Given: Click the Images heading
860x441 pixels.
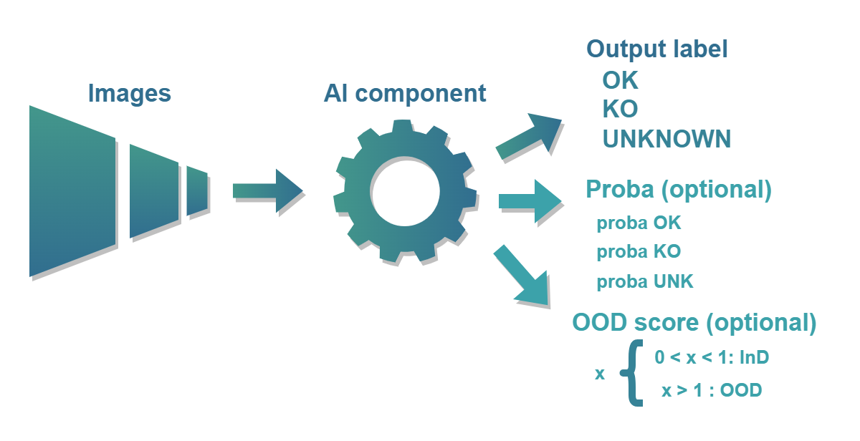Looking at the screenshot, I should pos(129,93).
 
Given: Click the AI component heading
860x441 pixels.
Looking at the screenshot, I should pos(405,93).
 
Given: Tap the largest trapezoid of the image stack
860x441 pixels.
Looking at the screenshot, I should pos(72,191).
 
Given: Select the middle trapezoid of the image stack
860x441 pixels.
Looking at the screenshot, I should pos(152,191).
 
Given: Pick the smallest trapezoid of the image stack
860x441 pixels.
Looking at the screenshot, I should pos(196,191).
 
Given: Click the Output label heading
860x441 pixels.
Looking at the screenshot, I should pos(657,49).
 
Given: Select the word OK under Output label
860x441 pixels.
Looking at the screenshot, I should pos(620,79).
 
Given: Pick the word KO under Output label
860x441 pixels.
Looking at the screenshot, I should pos(620,109).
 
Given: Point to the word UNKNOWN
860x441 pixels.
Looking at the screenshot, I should pos(666,138).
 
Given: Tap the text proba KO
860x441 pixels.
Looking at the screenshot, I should pos(639,252).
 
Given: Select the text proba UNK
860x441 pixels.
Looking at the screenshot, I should pos(645,281).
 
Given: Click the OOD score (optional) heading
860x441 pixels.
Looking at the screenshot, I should pos(694,322).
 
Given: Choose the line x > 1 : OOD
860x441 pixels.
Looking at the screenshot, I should pos(712,391).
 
